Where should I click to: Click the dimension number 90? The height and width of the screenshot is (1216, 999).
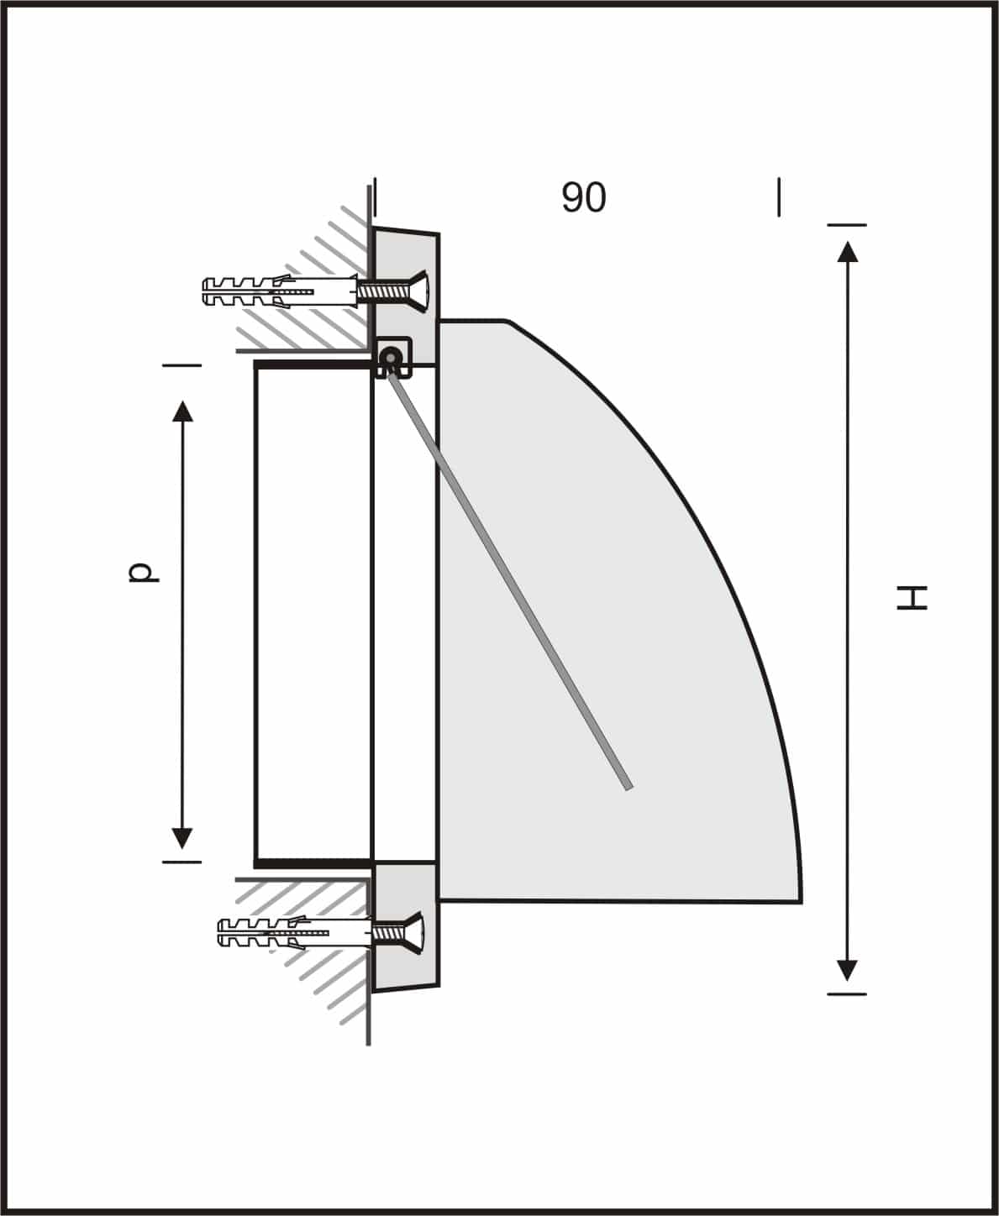point(583,197)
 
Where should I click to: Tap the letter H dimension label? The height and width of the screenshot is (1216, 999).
point(912,597)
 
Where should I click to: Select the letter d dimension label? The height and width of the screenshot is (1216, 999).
point(143,573)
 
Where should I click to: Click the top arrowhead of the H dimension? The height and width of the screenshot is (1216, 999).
point(847,252)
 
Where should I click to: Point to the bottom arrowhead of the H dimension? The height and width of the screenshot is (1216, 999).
point(847,971)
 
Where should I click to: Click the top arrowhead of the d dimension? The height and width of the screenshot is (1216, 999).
point(182,411)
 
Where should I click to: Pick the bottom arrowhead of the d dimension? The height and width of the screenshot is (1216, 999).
point(181,838)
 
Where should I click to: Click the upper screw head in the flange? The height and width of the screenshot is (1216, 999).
point(418,291)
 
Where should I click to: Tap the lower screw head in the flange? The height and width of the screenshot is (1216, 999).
point(414,933)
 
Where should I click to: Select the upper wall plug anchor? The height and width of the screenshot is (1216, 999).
point(280,291)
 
